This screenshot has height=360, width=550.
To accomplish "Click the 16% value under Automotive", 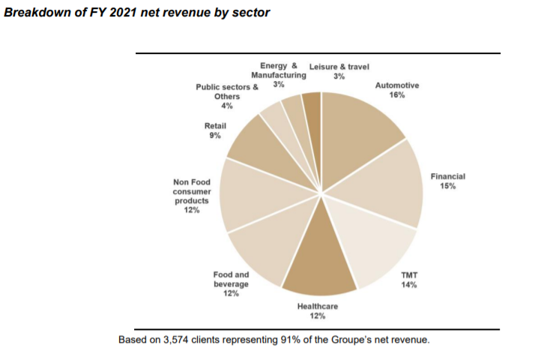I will pos(397,95).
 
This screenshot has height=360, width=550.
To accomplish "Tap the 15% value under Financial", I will pos(448,186).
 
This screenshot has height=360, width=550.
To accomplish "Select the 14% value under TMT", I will pos(409,285).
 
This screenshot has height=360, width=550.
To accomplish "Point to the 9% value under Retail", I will pos(215,136).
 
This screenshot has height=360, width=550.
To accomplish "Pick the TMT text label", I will pos(409,275).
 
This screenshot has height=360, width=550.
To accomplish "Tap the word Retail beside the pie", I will pos(216,126).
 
